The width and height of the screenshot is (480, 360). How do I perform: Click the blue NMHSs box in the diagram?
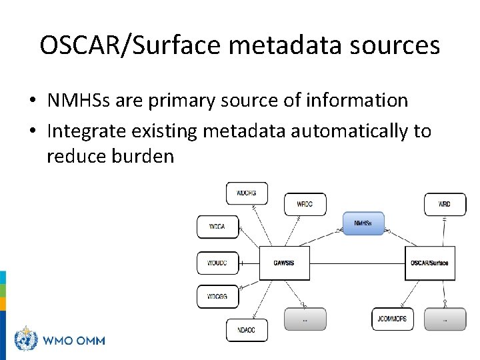[x=363, y=223]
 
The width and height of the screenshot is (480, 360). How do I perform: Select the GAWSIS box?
[x=283, y=263]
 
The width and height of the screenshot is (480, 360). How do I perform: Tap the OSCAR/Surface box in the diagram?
[x=429, y=263]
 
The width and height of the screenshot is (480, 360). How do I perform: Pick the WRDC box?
[x=305, y=204]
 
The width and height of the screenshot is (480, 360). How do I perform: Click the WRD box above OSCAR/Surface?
[x=445, y=204]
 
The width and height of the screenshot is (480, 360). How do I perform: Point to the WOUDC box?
[x=217, y=263]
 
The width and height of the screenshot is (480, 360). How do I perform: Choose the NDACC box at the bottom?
[x=247, y=330]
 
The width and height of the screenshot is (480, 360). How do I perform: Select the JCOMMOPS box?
[x=392, y=319]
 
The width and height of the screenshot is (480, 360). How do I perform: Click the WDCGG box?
[x=217, y=296]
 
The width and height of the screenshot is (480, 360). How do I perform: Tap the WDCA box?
[x=217, y=227]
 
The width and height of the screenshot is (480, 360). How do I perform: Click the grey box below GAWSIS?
[x=305, y=319]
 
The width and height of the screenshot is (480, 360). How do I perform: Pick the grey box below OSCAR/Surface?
[x=445, y=319]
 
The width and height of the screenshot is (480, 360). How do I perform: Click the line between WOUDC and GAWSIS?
[x=248, y=263]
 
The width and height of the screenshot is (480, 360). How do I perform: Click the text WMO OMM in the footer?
[x=73, y=340]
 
